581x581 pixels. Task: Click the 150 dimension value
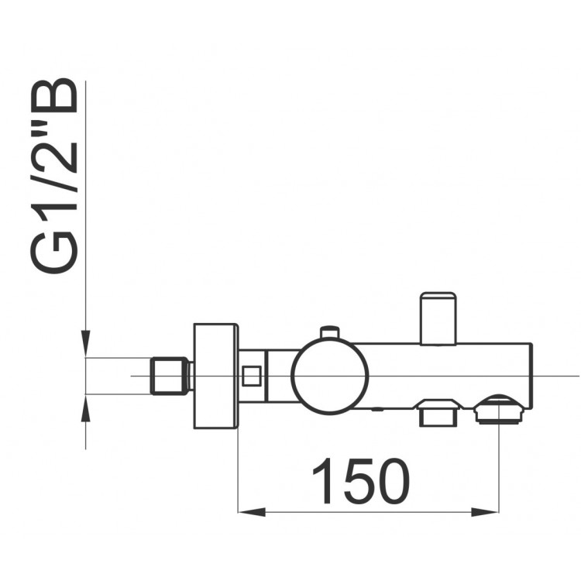coord(361,481)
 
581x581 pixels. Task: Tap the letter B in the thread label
coord(54,95)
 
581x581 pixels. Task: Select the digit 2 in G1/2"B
coord(54,156)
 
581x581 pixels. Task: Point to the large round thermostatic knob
coord(329,376)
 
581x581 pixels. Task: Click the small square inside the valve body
coord(252,376)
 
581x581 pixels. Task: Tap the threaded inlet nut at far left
coord(170,376)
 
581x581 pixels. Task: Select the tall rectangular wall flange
coord(215,376)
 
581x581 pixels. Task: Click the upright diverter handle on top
coord(438,319)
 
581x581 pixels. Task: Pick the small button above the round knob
coord(329,332)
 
